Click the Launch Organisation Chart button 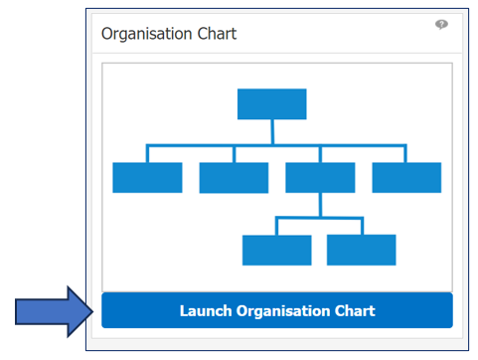(x=276, y=310)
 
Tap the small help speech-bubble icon (x=441, y=25)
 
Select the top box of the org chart (x=271, y=103)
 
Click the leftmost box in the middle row (x=147, y=177)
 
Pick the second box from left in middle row (x=234, y=177)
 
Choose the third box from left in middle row (x=320, y=177)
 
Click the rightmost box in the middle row (x=406, y=177)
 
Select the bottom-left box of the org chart (x=276, y=250)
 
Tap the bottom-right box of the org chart (x=362, y=250)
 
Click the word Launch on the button (x=206, y=311)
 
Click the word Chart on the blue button (x=354, y=311)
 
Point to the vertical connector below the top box (x=271, y=132)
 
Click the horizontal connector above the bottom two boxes (x=319, y=219)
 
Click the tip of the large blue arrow (x=95, y=311)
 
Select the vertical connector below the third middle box (x=320, y=205)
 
